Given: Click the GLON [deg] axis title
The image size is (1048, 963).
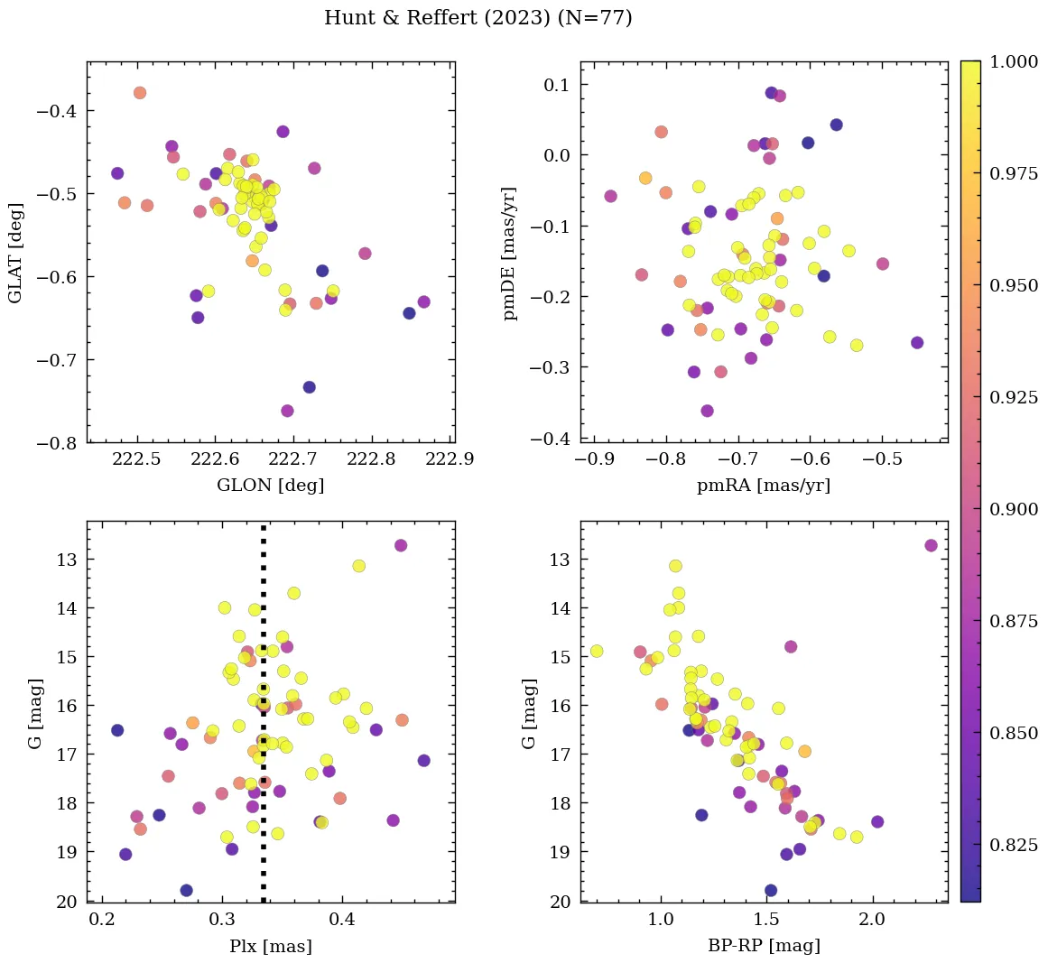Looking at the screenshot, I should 270,486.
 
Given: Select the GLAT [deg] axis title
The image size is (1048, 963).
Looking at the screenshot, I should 15,252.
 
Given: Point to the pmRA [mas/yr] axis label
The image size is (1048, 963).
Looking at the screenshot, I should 764,486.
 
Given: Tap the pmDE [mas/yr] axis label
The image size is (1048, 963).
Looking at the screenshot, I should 510,253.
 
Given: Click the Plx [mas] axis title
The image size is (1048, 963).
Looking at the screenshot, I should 270,946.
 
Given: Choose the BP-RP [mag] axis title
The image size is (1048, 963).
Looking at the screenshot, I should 764,946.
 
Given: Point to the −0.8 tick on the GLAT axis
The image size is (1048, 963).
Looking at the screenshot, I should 59,443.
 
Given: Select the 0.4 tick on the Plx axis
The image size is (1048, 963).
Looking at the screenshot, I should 342,920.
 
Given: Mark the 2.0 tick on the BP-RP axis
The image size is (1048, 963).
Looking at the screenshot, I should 872,920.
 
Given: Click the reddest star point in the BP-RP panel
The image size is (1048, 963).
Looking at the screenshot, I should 931,545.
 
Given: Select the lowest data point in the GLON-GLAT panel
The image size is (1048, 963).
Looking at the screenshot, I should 287,411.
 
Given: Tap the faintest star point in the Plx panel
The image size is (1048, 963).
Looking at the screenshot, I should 186,890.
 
